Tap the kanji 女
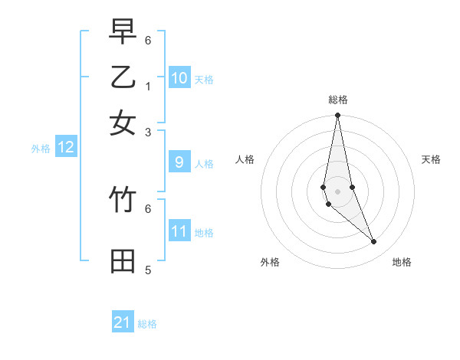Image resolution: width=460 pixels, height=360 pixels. point(123,123)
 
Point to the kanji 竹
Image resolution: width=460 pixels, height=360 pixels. point(123,200)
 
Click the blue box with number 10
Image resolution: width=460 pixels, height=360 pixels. point(179,77)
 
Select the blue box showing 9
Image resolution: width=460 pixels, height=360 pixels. point(179,162)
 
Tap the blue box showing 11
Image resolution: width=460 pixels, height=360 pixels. point(179,231)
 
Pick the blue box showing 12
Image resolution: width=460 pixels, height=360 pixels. point(66,147)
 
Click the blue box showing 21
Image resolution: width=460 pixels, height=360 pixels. point(123,322)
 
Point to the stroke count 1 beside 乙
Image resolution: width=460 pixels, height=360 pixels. point(148,86)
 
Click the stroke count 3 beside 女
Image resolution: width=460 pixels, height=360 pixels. point(148,132)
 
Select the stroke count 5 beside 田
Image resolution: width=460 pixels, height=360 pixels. point(148,270)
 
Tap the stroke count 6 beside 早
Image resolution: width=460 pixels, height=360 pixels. point(148,40)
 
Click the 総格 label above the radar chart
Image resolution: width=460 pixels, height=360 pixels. point(337,100)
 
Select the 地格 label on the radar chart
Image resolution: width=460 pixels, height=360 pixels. point(402,262)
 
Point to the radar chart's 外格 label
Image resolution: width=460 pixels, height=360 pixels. point(270,262)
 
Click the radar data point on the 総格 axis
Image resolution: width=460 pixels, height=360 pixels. point(337,116)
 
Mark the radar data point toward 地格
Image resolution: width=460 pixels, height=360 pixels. point(373,242)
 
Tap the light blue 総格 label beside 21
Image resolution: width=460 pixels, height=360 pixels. point(147,324)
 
